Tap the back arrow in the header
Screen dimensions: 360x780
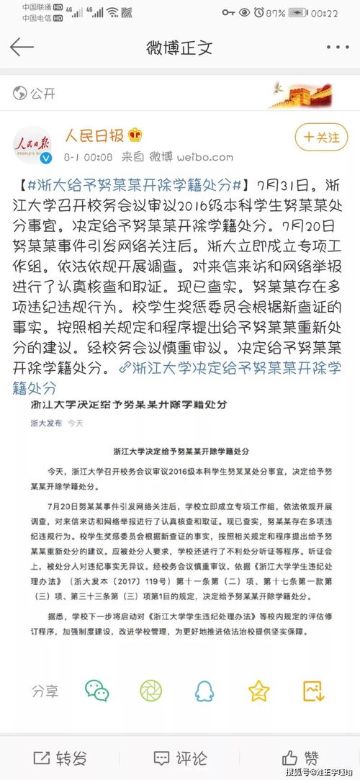[22, 48]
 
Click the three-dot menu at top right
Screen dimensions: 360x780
[337, 48]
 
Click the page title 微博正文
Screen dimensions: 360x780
[179, 48]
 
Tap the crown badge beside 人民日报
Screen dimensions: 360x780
[135, 135]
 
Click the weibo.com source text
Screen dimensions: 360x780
[204, 156]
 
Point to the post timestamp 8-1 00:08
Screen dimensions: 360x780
[88, 156]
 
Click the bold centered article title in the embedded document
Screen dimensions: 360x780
[180, 452]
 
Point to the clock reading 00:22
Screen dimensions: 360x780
[324, 12]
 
